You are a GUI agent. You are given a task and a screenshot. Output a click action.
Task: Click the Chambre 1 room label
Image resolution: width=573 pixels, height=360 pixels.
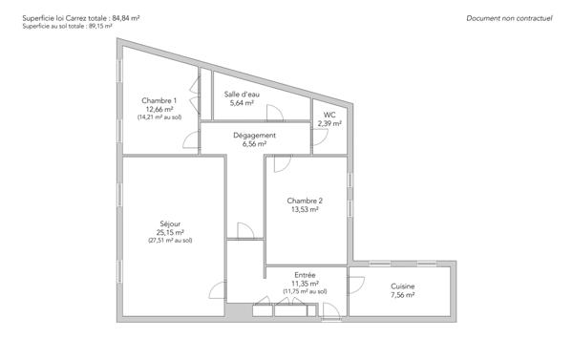click(159, 100)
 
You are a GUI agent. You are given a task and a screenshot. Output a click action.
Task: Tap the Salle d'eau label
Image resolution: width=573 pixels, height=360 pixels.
click(242, 95)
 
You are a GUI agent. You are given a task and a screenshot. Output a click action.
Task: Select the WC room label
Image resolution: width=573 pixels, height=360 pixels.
click(329, 115)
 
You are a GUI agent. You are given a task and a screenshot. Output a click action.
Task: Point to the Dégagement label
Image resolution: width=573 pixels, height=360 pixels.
click(255, 136)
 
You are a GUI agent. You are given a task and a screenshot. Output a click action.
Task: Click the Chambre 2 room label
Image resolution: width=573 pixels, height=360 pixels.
click(306, 201)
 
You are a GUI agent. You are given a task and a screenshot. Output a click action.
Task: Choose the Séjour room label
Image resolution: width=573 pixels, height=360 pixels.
click(170, 223)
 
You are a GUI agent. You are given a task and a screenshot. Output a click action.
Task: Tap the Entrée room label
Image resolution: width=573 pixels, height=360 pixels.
click(306, 275)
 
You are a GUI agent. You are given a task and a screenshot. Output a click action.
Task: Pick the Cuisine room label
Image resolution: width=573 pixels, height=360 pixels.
click(403, 286)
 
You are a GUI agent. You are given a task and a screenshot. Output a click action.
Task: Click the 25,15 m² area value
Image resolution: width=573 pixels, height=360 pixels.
click(170, 232)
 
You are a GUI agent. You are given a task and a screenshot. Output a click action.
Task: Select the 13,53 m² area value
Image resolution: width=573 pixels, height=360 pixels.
click(306, 210)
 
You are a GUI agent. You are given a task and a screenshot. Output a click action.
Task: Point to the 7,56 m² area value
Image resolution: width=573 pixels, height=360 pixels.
click(403, 296)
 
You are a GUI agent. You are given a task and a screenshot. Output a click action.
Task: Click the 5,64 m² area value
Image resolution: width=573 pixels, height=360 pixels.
click(242, 103)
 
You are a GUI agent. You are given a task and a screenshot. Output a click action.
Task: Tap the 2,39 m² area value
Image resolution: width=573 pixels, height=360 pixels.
click(329, 123)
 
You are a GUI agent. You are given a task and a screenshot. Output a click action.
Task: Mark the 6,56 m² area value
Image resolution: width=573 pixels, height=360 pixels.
click(255, 144)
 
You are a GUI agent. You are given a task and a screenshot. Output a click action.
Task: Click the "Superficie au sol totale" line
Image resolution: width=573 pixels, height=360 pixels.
click(67, 27)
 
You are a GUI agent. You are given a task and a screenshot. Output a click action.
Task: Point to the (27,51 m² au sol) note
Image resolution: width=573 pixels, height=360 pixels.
click(170, 241)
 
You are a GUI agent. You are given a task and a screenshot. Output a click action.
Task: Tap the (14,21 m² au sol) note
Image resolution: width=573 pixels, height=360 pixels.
click(159, 117)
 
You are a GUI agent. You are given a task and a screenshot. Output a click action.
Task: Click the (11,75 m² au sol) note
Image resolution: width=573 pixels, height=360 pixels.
click(306, 291)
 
